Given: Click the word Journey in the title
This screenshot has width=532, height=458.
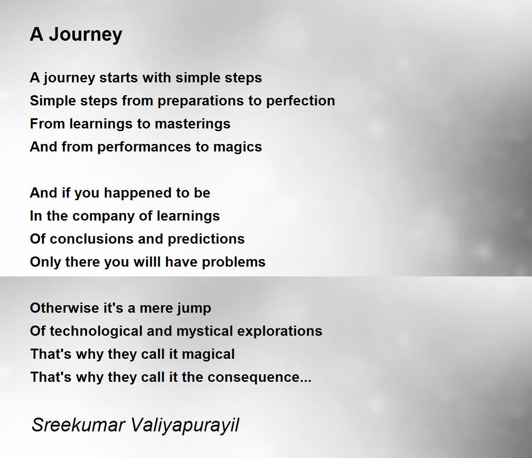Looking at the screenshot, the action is point(86,35).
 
